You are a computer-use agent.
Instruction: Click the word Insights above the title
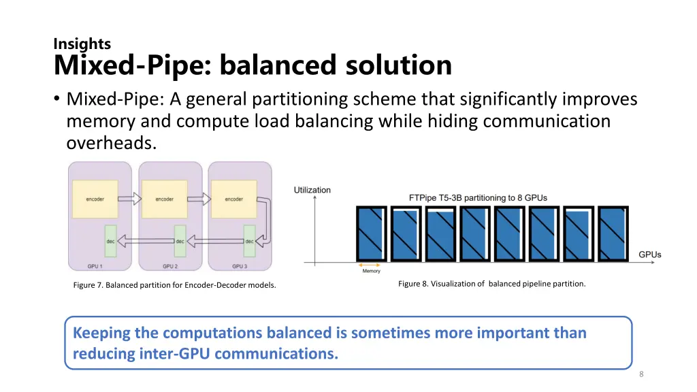pyautogui.click(x=82, y=44)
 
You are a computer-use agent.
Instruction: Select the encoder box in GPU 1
pyautogui.click(x=95, y=199)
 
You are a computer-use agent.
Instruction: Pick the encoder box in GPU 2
pyautogui.click(x=165, y=199)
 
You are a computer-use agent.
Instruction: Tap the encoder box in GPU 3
pyautogui.click(x=234, y=199)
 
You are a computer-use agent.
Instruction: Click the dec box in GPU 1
pyautogui.click(x=110, y=240)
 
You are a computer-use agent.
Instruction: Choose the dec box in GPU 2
pyautogui.click(x=180, y=240)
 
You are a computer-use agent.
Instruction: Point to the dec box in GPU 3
pyautogui.click(x=249, y=240)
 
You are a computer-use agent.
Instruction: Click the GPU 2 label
pyautogui.click(x=170, y=265)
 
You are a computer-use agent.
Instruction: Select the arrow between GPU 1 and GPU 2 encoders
pyautogui.click(x=129, y=199)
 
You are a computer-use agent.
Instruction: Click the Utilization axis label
pyautogui.click(x=312, y=190)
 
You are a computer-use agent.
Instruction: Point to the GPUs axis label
pyautogui.click(x=649, y=255)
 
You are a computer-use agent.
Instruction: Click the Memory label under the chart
pyautogui.click(x=371, y=271)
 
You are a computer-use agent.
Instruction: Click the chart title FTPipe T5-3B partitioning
pyautogui.click(x=478, y=197)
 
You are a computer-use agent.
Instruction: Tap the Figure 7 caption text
pyautogui.click(x=174, y=285)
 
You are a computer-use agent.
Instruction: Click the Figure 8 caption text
pyautogui.click(x=491, y=284)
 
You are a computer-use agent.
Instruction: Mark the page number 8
pyautogui.click(x=641, y=374)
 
